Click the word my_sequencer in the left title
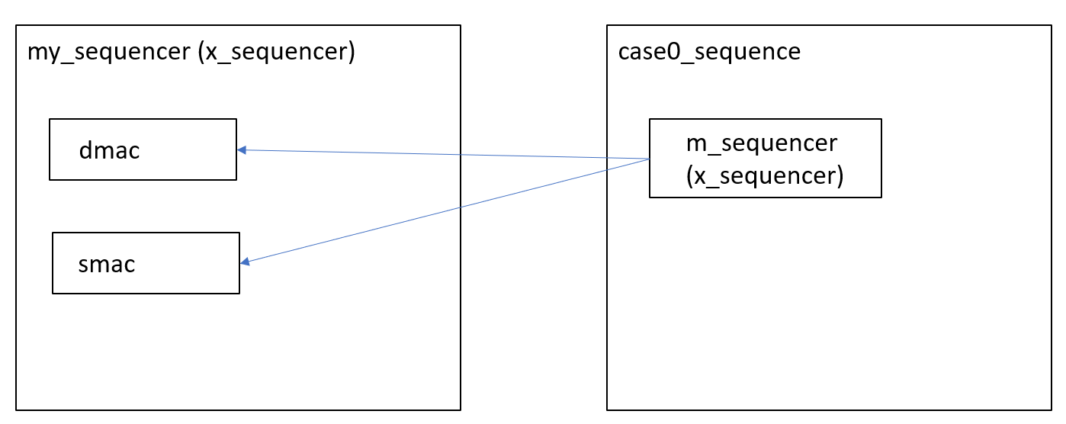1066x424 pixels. pos(107,53)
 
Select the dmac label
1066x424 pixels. pos(109,150)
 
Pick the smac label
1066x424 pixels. pos(106,264)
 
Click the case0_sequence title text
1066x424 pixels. pos(708,52)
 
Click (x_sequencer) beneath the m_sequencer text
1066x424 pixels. pos(764,176)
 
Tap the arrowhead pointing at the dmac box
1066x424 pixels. pos(241,150)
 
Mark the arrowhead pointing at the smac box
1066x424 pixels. pos(245,263)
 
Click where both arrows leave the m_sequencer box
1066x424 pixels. pos(650,159)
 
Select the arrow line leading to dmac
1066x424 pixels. pos(442,154)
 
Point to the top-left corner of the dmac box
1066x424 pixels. pos(50,119)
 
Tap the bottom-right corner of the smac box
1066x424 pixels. pos(239,293)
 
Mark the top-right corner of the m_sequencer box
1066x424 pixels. pos(881,119)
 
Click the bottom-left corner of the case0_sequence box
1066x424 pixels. pos(607,410)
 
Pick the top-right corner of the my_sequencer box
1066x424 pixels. pos(461,25)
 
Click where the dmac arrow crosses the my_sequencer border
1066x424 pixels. pos(461,155)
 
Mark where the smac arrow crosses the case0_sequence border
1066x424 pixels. pos(607,169)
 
